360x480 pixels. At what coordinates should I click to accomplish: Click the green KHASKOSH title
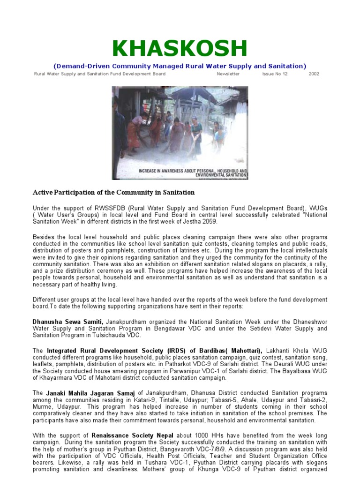coord(180,49)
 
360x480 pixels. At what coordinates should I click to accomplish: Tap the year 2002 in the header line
coord(314,74)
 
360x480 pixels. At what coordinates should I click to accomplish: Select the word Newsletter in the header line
coord(228,74)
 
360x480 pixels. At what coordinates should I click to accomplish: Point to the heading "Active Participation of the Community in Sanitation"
coord(113,193)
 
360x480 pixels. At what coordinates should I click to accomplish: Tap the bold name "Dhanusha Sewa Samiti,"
coord(68,322)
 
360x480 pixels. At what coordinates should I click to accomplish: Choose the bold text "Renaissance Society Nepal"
coord(133,435)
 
